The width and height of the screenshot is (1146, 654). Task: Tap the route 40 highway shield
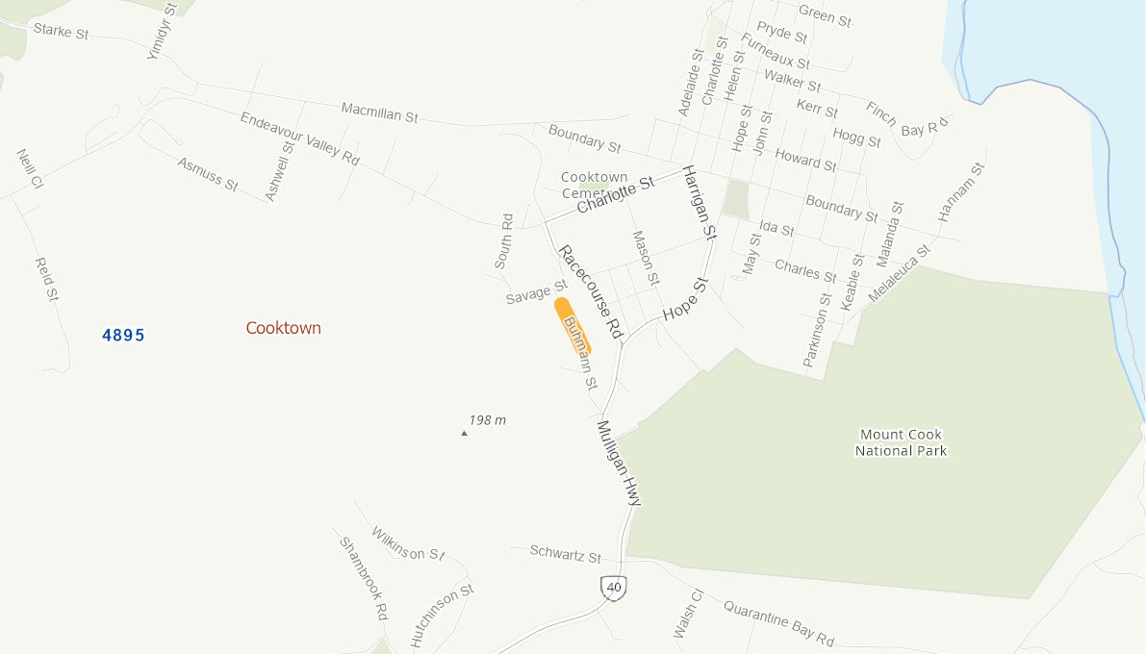click(614, 587)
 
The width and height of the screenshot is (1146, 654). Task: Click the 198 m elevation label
click(488, 420)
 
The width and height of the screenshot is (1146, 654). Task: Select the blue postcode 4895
click(123, 335)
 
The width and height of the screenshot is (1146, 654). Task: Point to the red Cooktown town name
click(283, 328)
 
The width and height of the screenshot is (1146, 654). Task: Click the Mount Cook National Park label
click(901, 443)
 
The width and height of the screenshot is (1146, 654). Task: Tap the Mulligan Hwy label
click(619, 463)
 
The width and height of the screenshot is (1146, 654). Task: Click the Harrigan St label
click(700, 202)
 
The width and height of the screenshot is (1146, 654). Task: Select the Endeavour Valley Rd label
click(299, 138)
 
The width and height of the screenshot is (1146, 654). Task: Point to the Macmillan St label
click(379, 113)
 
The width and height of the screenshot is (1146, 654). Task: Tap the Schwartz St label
click(565, 553)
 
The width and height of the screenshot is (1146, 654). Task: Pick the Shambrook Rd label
click(363, 577)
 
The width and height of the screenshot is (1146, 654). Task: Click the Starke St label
click(61, 31)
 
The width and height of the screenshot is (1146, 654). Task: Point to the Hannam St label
click(962, 192)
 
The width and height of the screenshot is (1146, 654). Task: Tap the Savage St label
click(536, 292)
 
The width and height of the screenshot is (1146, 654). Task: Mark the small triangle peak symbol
click(464, 434)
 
